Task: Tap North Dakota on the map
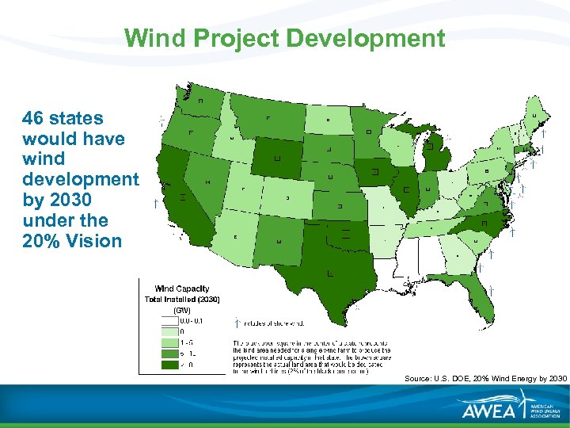pyautogui.click(x=328, y=120)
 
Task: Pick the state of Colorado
pyautogui.click(x=287, y=197)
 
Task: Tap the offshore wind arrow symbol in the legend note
pyautogui.click(x=238, y=323)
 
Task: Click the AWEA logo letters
pyautogui.click(x=488, y=410)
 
